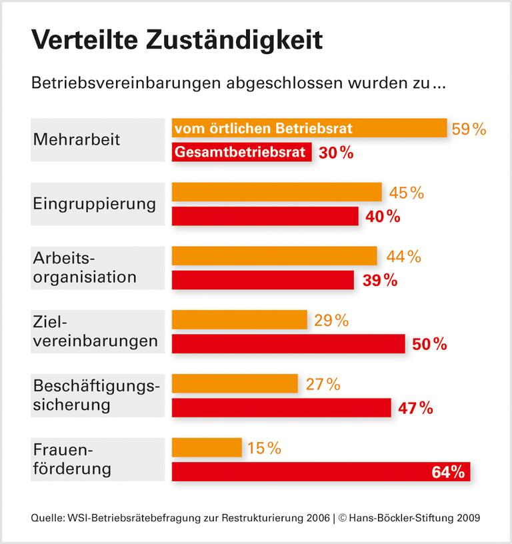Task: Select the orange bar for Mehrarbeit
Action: pos(309,128)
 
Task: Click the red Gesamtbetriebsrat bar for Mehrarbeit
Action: pos(241,153)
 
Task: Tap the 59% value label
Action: pos(469,129)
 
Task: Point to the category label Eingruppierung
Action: pos(94,203)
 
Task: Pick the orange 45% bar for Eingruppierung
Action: pos(277,192)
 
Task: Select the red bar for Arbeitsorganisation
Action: pos(263,280)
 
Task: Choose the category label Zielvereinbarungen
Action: pos(95,331)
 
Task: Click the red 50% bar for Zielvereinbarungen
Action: pos(288,344)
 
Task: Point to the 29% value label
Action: pos(331,320)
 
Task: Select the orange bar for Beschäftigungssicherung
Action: pos(235,384)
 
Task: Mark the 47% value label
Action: pos(415,408)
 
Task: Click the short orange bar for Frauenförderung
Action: pos(207,448)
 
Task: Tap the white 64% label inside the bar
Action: pos(447,472)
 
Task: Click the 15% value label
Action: pos(264,448)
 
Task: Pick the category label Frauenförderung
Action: pos(72,459)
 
